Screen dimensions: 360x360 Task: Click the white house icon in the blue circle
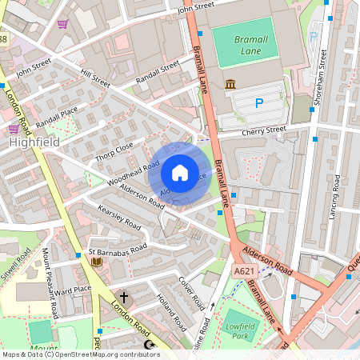[x=180, y=172]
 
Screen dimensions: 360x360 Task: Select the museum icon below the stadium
[x=230, y=85]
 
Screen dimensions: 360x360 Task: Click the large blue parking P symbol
[x=258, y=102]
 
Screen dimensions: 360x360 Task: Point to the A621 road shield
[x=245, y=273]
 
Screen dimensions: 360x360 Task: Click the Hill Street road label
[x=95, y=77]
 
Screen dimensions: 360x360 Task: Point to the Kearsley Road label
[x=118, y=218]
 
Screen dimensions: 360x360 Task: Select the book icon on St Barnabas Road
[x=96, y=261]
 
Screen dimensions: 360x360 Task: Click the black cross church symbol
[x=124, y=297]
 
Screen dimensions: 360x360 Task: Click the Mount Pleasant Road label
[x=50, y=283]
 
